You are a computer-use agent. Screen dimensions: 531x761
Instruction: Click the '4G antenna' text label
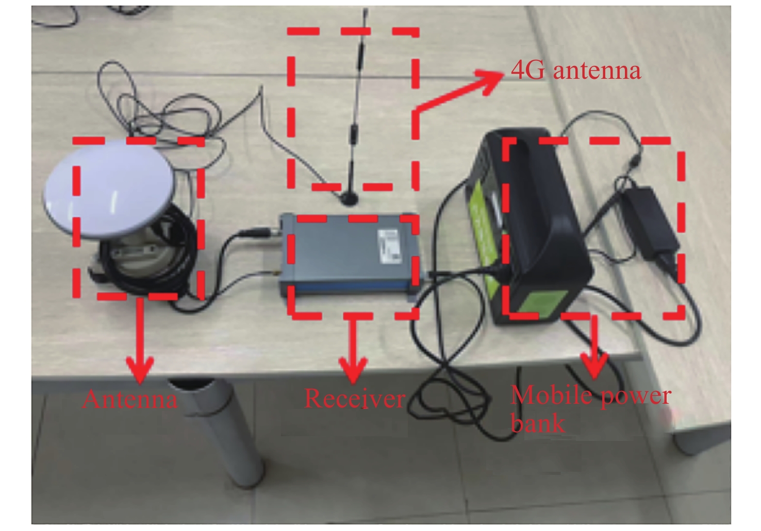(575, 71)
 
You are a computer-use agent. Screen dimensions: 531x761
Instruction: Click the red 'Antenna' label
(129, 399)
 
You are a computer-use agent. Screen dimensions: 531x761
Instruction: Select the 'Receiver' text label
(355, 398)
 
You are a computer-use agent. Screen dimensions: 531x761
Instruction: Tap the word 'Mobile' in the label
(547, 396)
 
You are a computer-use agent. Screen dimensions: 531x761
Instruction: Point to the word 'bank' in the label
(537, 423)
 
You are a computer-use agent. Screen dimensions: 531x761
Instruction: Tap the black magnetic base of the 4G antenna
(349, 197)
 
